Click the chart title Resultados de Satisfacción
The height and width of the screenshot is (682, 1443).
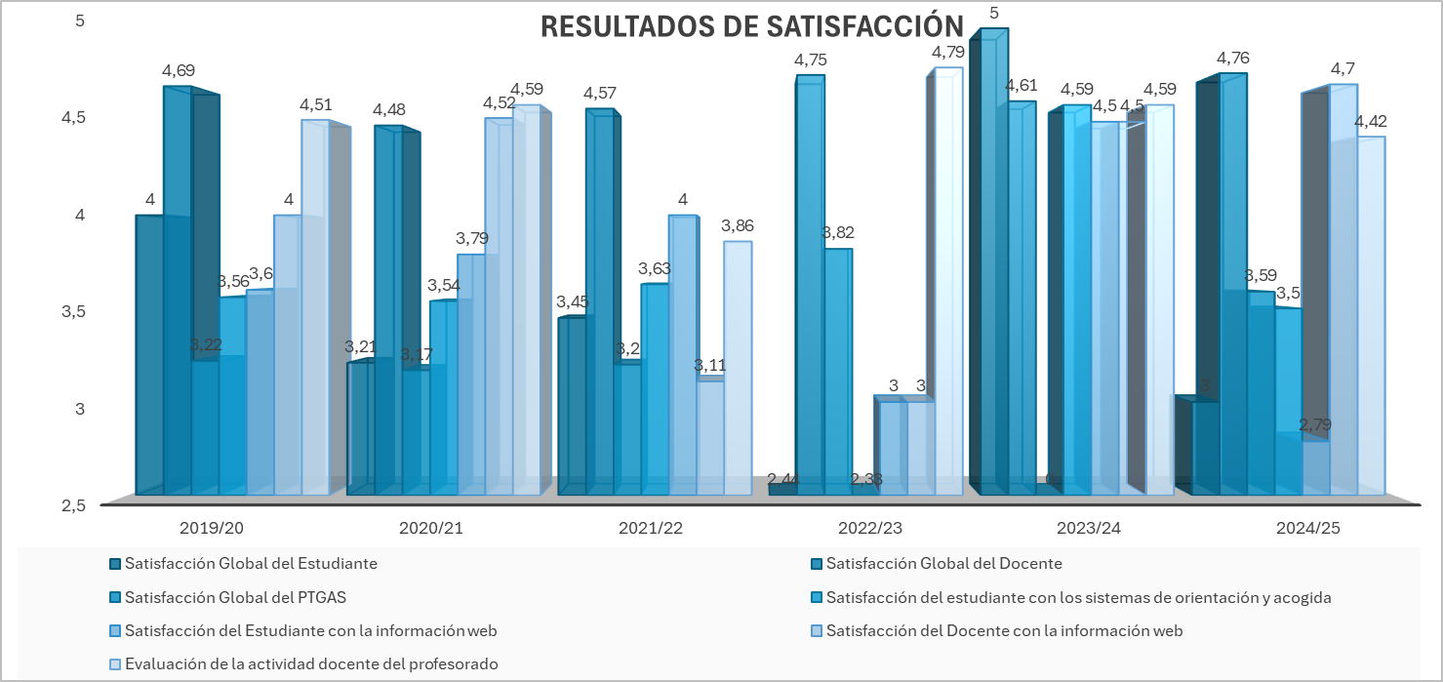[752, 26]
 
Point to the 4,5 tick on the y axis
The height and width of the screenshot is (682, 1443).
[74, 117]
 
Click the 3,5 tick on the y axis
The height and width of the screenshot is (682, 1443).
[74, 311]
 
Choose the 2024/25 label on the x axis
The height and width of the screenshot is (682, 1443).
[1307, 528]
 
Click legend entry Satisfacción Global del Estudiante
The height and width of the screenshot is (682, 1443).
[251, 564]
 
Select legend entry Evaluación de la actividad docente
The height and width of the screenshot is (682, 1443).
[311, 664]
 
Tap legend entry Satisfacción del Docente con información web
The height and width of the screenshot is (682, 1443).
[1004, 631]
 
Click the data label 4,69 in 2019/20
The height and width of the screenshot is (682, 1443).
[179, 70]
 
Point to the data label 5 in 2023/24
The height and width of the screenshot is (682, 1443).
[993, 13]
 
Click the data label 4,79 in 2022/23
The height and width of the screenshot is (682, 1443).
[947, 52]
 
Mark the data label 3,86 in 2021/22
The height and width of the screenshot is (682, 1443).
[737, 225]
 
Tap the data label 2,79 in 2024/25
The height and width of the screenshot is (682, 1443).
[1315, 425]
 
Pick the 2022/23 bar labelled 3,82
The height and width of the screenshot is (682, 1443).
[838, 371]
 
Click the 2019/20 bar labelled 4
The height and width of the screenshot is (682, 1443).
[149, 351]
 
